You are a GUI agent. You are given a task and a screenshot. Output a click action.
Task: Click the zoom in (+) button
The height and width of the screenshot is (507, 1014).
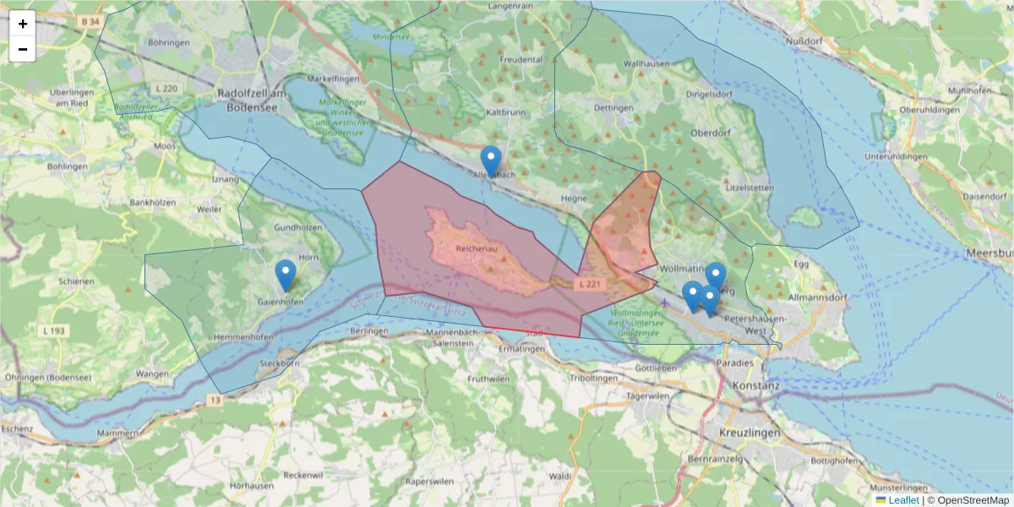coord(22,24)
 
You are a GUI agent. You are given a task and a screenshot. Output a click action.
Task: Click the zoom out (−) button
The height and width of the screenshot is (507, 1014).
coord(22,49)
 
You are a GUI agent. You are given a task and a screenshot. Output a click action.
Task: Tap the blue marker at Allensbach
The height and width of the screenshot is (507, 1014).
coord(490,160)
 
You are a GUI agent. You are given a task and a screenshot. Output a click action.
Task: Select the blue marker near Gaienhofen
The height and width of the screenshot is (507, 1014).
coord(286,275)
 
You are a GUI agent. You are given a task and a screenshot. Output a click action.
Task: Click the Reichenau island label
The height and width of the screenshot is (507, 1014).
coord(473,250)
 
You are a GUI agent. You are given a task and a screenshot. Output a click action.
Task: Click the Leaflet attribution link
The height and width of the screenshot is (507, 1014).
coord(903,500)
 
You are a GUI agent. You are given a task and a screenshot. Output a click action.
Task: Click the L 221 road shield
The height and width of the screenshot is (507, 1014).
coord(590,285)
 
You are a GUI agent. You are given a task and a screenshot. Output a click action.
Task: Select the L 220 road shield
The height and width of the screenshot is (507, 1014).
coord(166,88)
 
